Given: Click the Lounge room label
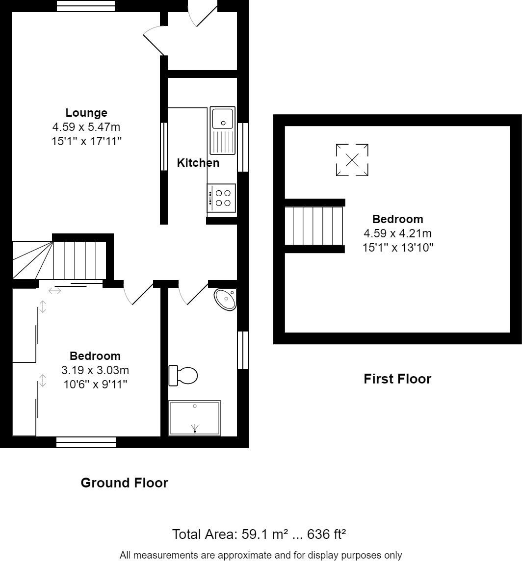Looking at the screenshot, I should tap(86, 113).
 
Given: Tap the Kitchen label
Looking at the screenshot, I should tap(198, 163).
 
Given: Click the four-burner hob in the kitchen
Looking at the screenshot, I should tap(222, 198).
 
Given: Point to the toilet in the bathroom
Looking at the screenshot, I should tap(183, 376).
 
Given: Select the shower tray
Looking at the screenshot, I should tap(195, 418).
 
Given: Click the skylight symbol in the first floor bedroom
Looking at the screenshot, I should tap(352, 160).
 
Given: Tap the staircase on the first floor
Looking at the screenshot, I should tap(314, 226).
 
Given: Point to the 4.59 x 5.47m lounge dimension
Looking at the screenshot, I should tap(86, 127).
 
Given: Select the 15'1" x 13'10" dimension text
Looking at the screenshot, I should tap(397, 248).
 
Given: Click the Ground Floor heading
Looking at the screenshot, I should tap(124, 483).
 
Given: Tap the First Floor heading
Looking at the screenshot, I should tap(397, 379).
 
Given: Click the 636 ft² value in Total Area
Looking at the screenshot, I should tap(326, 534).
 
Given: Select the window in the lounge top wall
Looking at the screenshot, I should tap(86, 5).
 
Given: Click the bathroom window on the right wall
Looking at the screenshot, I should tap(243, 350).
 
